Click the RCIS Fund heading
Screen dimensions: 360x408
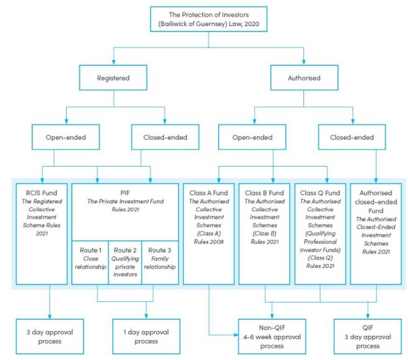coord(43,194)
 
